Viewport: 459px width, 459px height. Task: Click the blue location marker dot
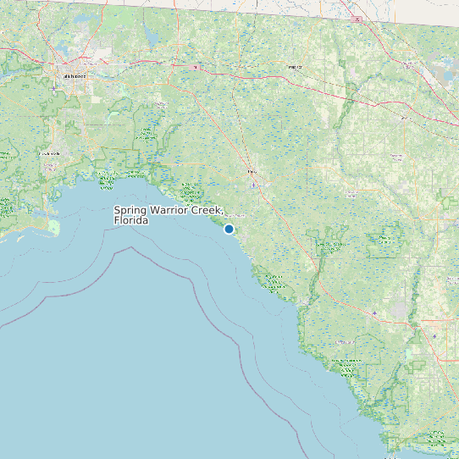point(229,229)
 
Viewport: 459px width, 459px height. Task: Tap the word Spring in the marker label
point(130,210)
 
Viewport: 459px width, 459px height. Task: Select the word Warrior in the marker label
point(170,210)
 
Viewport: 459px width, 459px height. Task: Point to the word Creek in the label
point(207,210)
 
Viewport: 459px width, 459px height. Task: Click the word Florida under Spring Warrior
point(131,220)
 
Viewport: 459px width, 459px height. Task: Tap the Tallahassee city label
point(75,77)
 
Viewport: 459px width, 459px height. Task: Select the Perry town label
point(251,172)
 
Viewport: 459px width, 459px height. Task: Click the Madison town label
point(295,66)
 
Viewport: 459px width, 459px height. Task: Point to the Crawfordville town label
point(50,153)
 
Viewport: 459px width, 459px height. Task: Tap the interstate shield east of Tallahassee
point(196,66)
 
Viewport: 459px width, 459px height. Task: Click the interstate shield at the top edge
point(357,19)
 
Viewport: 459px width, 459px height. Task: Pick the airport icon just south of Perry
point(252,184)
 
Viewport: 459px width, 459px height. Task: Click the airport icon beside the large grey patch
point(373,312)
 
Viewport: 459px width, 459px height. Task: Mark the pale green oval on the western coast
point(55,227)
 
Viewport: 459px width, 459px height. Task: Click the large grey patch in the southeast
point(399,309)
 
